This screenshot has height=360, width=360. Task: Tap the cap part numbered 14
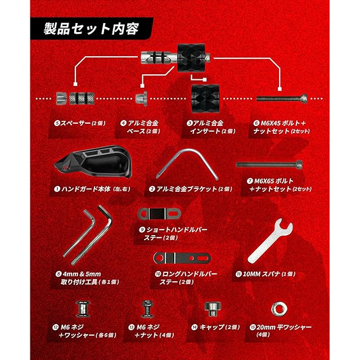(x=213, y=308)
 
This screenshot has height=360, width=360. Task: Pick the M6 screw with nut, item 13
(x=147, y=308)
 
